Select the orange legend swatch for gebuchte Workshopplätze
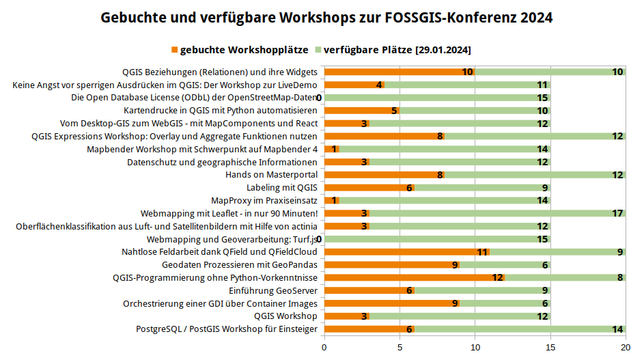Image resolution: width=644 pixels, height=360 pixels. [x=174, y=50]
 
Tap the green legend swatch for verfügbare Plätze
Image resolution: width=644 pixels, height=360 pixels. [x=318, y=50]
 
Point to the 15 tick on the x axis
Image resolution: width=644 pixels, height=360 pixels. [x=550, y=347]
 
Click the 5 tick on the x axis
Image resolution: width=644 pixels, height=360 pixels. [x=400, y=347]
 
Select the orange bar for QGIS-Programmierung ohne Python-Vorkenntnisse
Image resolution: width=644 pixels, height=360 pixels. [x=414, y=277]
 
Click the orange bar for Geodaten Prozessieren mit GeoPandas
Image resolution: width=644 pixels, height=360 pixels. [x=391, y=264]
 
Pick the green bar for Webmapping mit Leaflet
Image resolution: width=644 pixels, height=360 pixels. [x=497, y=213]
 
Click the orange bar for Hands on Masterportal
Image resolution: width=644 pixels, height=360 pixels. [x=384, y=175]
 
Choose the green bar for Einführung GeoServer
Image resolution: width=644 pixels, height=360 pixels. [x=482, y=290]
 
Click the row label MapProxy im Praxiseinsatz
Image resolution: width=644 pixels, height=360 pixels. [x=264, y=200]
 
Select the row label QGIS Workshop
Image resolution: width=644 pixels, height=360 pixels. [x=285, y=316]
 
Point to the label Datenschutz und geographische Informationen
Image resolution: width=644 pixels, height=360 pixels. [x=222, y=162]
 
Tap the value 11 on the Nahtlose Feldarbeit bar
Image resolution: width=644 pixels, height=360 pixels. [x=483, y=252]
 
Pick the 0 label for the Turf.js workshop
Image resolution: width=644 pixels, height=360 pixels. [x=319, y=239]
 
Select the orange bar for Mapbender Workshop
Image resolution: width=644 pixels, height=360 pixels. [x=331, y=149]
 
